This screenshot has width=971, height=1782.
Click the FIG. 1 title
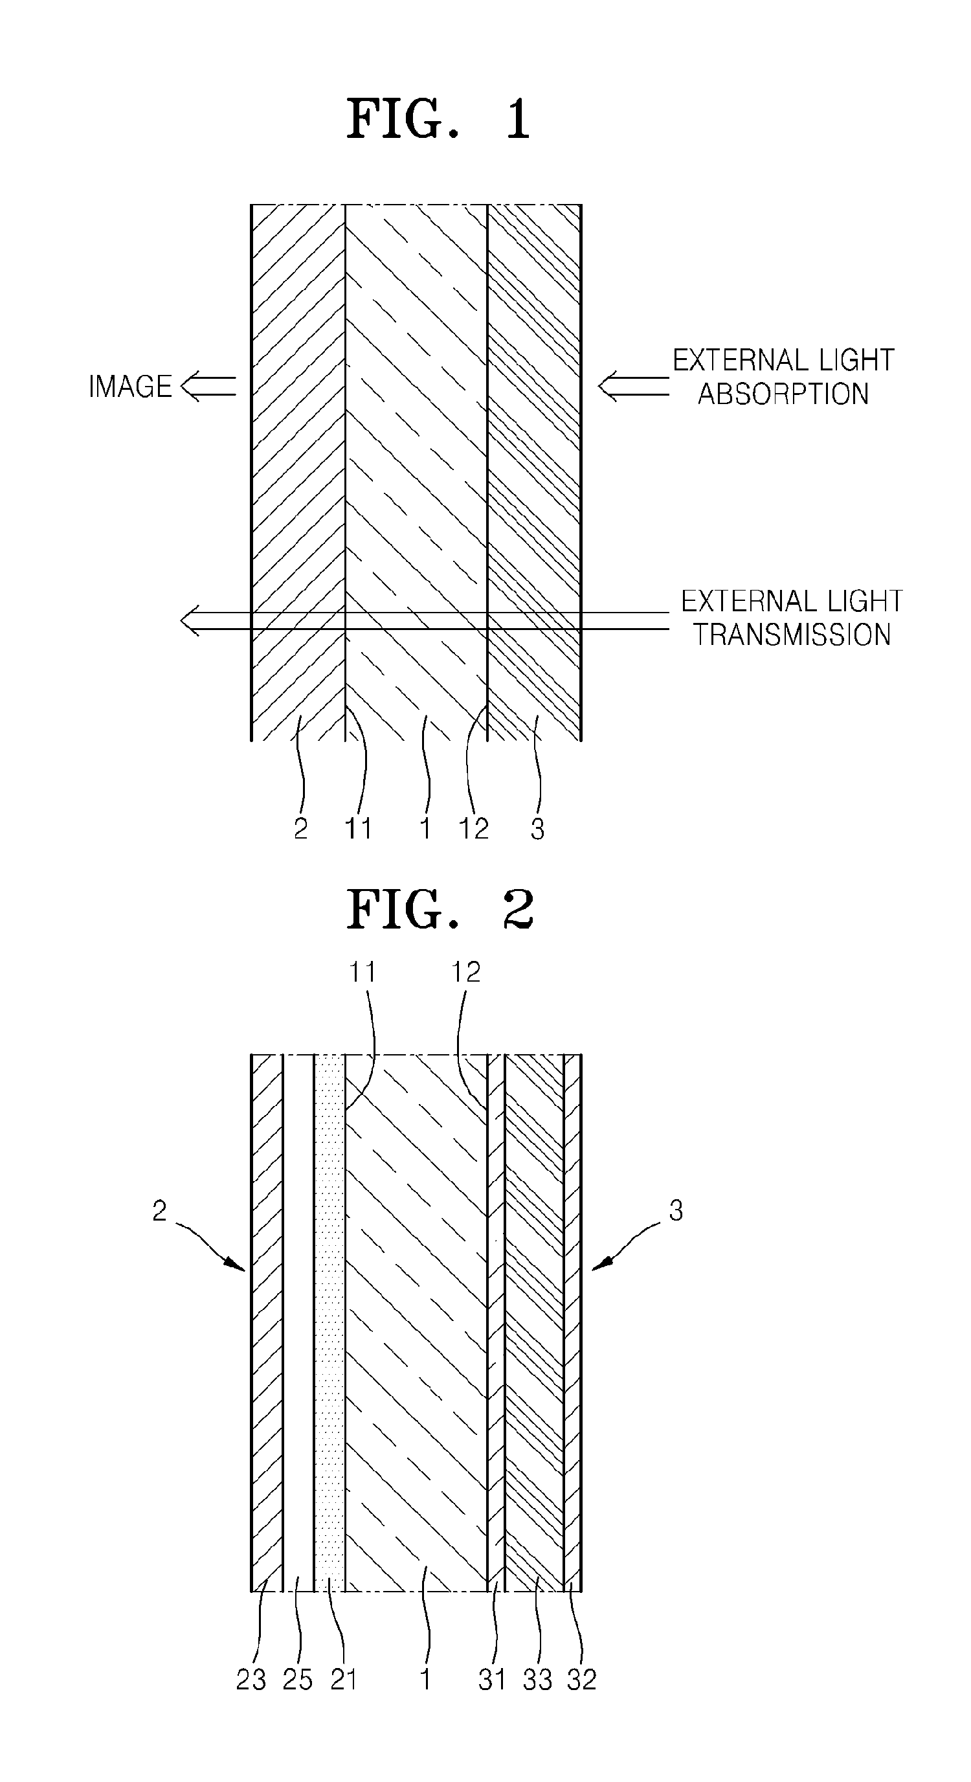point(438,119)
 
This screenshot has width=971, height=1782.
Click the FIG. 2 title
point(440,910)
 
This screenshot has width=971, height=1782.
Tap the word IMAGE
point(130,387)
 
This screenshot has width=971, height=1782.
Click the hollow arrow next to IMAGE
point(208,387)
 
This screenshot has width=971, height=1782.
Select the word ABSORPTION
point(783,394)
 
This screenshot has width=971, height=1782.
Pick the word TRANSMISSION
point(792,635)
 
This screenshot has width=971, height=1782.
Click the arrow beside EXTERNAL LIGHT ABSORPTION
point(633,387)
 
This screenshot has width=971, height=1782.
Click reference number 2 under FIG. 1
point(300,828)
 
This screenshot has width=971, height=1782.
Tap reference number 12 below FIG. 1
point(474,828)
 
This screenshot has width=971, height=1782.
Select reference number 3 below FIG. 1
point(537,828)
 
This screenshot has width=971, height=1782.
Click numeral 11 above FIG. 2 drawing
point(362,972)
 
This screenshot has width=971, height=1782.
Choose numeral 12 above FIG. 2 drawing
point(465,972)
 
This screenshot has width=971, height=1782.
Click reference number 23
point(251,1679)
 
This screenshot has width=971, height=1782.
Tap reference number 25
point(297,1679)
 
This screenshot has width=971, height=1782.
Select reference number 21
point(344,1679)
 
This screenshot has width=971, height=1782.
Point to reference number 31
point(492,1679)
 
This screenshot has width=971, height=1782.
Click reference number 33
point(537,1679)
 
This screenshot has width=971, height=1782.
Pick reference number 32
point(582,1679)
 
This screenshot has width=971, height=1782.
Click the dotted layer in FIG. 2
point(329,1314)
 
